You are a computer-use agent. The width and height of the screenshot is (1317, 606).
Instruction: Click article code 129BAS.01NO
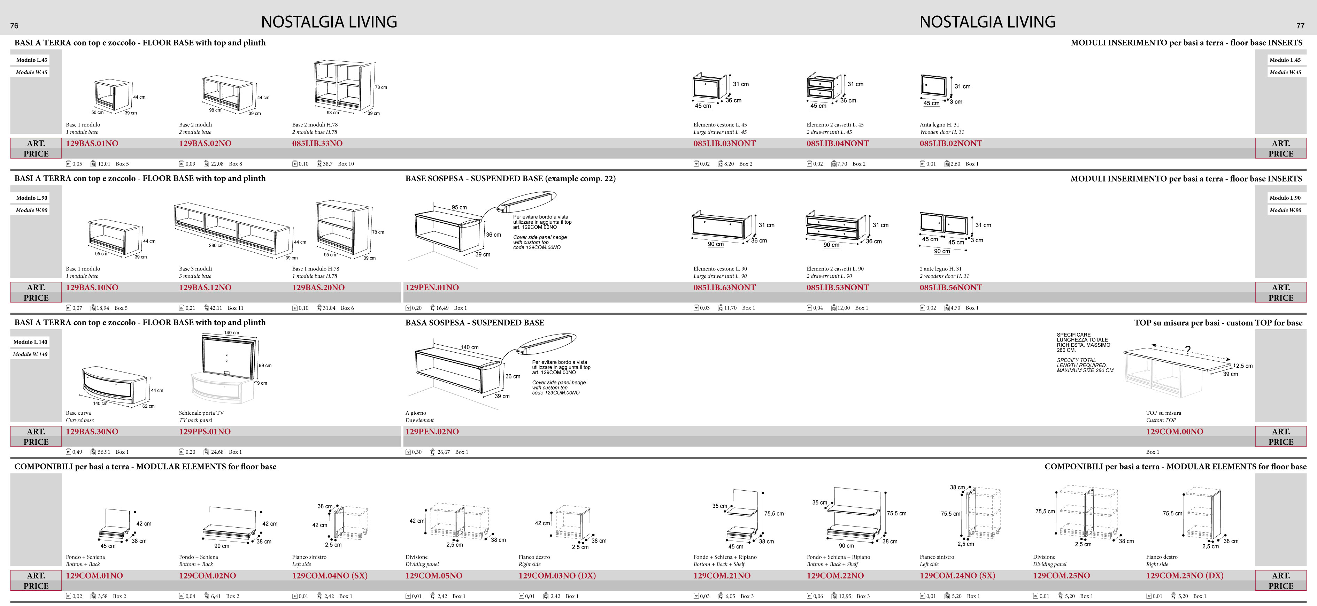click(x=92, y=144)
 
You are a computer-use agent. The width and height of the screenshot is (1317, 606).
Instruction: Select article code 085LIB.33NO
click(x=317, y=144)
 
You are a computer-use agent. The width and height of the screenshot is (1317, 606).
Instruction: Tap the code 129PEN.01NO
click(x=432, y=288)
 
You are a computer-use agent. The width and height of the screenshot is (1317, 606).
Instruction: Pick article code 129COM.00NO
click(x=1174, y=432)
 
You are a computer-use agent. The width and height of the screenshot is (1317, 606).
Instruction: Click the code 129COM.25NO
click(x=1061, y=576)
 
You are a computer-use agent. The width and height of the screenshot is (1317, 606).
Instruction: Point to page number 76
click(x=14, y=25)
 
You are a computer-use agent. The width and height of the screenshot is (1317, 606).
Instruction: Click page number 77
click(x=1300, y=25)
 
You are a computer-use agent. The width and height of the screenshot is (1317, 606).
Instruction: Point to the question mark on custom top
click(x=1188, y=350)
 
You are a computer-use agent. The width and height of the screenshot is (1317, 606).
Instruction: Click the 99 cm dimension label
click(x=265, y=366)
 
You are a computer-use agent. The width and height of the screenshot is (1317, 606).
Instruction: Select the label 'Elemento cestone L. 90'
click(x=720, y=269)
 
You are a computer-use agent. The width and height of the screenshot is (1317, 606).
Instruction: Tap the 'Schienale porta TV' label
click(x=201, y=413)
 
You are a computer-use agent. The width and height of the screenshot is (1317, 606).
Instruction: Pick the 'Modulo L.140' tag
click(x=30, y=342)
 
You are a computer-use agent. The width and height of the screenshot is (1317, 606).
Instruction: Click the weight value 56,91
click(x=104, y=452)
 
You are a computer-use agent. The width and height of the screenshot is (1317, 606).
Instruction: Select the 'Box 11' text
click(x=235, y=308)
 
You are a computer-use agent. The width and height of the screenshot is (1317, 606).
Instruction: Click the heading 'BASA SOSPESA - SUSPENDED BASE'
click(x=475, y=323)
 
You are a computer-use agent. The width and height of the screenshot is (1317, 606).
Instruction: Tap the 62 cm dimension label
click(x=148, y=406)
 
